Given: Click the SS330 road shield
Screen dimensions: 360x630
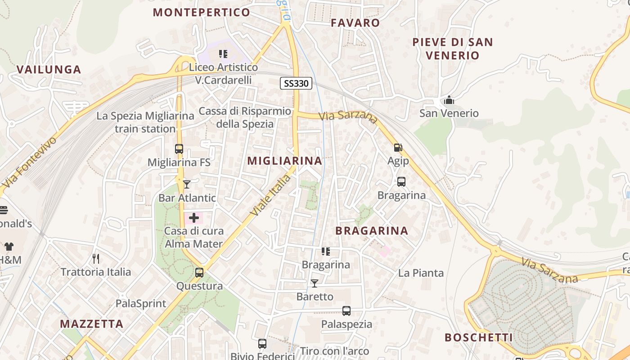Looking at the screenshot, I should point(296,83).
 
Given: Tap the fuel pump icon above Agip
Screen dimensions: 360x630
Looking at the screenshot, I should point(398,147).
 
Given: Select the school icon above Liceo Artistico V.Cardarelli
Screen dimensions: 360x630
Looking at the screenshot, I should point(223,54).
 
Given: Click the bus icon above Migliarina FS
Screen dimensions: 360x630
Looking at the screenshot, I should point(179,149).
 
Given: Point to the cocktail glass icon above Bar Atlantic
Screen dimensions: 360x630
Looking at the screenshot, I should point(187,184).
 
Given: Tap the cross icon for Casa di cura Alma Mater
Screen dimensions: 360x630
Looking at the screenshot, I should point(194,218).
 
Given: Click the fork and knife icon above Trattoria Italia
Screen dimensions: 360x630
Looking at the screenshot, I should point(95,258).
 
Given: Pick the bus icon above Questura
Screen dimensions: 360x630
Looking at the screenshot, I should point(199,272).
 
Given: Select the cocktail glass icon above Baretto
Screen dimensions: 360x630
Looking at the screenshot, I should point(315,283).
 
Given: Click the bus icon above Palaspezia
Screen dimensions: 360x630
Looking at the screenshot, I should point(346,310).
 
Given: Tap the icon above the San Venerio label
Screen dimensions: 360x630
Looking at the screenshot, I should point(449,100).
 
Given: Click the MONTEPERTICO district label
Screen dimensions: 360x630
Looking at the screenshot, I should point(202,12).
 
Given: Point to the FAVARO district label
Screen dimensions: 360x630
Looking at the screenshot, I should point(355,22).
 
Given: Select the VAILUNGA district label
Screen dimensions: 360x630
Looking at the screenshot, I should point(49,69).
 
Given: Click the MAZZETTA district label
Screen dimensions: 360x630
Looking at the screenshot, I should point(92,324).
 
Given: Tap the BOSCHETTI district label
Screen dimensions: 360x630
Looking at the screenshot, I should point(479,337).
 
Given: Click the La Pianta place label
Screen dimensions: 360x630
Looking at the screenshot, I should point(421,273).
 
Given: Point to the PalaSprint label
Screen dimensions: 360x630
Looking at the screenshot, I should point(141,303).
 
